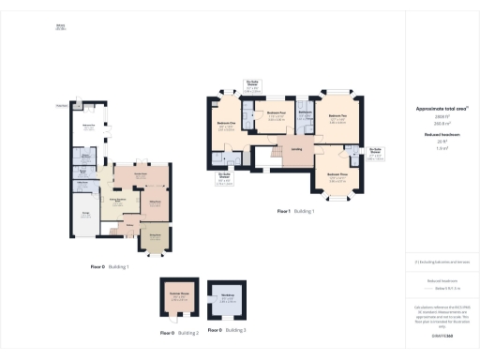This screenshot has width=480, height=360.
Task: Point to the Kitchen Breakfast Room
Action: pos(120,202)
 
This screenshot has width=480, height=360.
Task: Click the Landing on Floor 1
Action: pos(295,149)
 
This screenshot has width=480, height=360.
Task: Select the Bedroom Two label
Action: pos(337,120)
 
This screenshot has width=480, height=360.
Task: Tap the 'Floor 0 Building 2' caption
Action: pos(176,333)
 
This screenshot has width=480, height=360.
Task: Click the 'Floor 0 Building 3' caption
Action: pos(226,333)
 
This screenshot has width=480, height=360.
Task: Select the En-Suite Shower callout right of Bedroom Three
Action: pos(375,153)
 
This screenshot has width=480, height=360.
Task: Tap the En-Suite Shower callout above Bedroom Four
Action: pos(253,84)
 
